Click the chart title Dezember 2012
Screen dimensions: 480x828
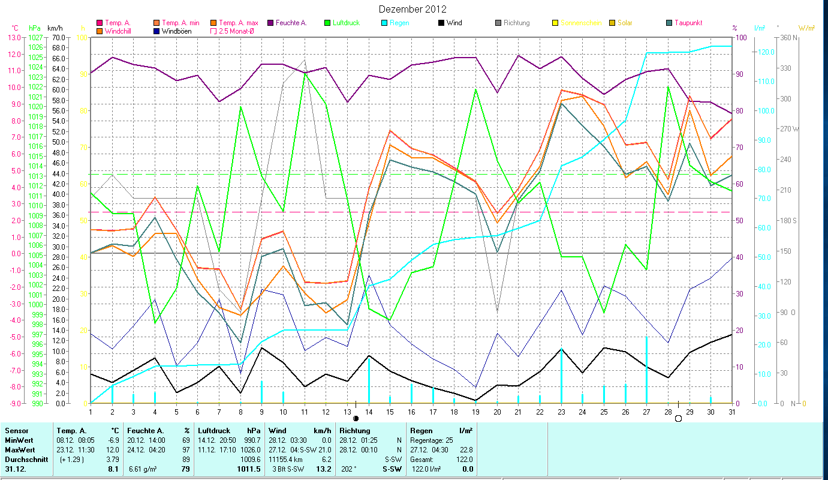pyautogui.click(x=413, y=9)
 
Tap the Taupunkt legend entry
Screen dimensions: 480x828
pyautogui.click(x=688, y=23)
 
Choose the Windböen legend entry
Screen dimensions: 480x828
pyautogui.click(x=176, y=31)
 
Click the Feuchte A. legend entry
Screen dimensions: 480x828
pyautogui.click(x=291, y=23)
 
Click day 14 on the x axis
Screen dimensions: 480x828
pyautogui.click(x=368, y=412)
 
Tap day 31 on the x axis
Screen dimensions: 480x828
pyautogui.click(x=731, y=412)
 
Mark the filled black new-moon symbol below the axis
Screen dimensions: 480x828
pyautogui.click(x=356, y=418)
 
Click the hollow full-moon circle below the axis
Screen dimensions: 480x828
pyautogui.click(x=678, y=418)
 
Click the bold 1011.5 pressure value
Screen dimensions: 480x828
pyautogui.click(x=248, y=469)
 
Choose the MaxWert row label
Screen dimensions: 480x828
pyautogui.click(x=20, y=450)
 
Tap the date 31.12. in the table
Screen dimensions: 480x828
pyautogui.click(x=16, y=469)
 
